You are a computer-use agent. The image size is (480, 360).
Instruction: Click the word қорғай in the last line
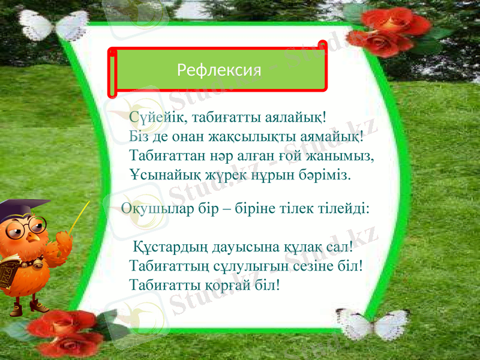229,284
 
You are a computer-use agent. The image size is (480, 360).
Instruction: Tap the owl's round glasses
27,226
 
